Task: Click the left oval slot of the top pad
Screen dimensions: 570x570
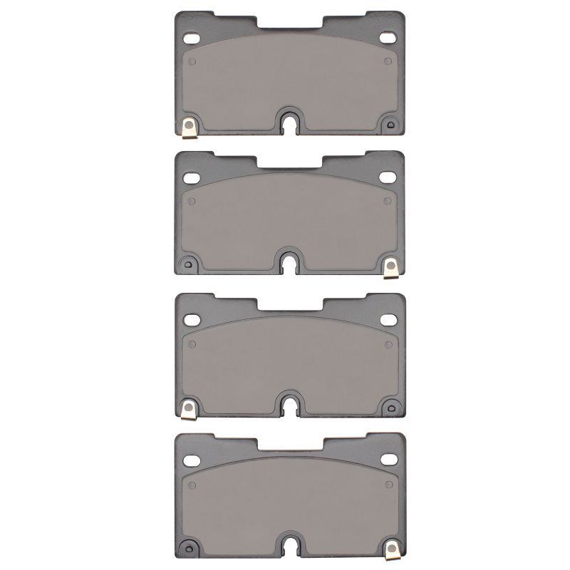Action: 192,37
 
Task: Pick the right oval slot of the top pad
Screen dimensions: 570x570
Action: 387,37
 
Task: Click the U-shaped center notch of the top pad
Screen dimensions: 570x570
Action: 290,122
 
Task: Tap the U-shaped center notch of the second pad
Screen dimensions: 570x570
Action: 290,263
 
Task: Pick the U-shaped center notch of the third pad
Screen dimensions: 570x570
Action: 290,405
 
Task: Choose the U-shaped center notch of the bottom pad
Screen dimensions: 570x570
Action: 290,545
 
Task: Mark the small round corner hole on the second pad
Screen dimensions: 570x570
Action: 189,265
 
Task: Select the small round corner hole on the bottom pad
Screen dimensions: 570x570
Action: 189,547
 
